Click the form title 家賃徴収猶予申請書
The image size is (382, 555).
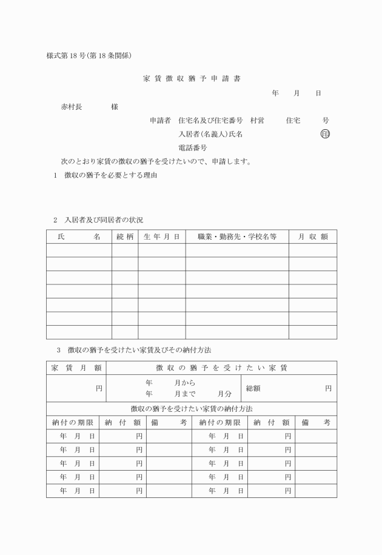pyautogui.click(x=191, y=78)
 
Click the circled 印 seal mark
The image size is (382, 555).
pyautogui.click(x=325, y=134)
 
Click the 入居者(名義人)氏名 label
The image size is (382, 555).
pyautogui.click(x=210, y=134)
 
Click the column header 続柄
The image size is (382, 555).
pyautogui.click(x=124, y=237)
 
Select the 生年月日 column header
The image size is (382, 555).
pyautogui.click(x=161, y=237)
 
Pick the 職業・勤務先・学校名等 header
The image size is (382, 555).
pyautogui.click(x=236, y=237)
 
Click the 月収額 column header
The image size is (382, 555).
pyautogui.click(x=312, y=237)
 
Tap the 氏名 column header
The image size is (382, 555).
pyautogui.click(x=79, y=237)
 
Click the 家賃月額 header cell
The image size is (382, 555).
pyautogui.click(x=76, y=368)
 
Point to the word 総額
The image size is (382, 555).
pyautogui.click(x=253, y=388)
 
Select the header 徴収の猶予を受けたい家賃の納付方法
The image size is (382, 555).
pyautogui.click(x=191, y=408)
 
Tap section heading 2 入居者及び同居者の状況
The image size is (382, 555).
pyautogui.click(x=98, y=219)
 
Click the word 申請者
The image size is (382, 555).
pyautogui.click(x=160, y=121)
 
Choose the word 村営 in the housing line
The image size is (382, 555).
pyautogui.click(x=257, y=121)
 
